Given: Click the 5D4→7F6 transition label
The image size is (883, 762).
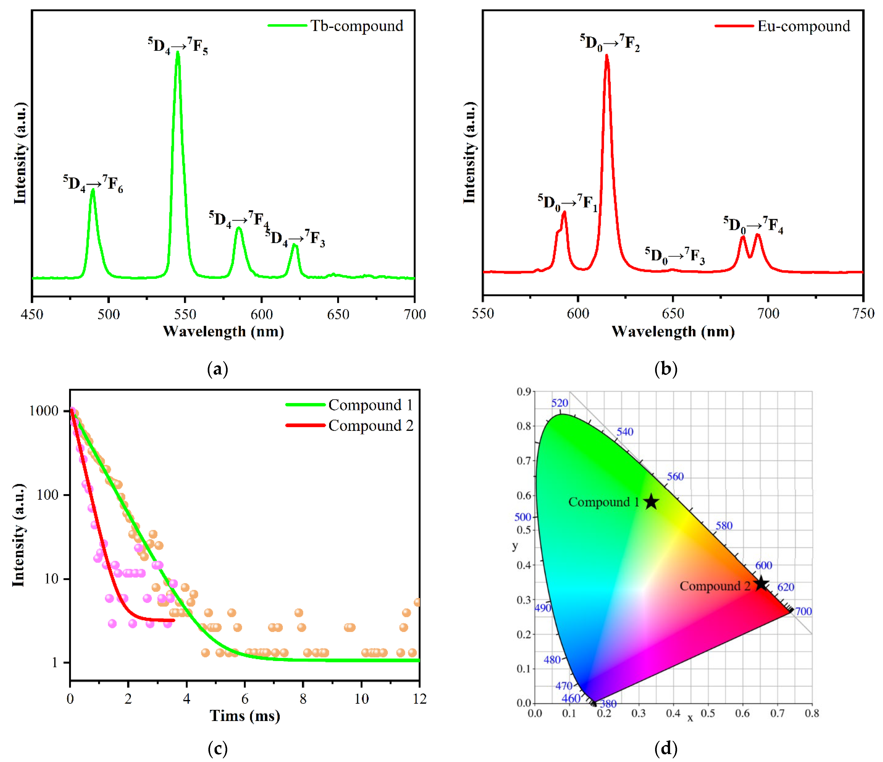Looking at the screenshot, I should click(93, 183).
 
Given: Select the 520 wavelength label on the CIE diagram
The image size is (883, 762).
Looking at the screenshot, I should click(560, 403).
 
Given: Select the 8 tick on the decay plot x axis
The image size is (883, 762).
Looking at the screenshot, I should click(303, 699).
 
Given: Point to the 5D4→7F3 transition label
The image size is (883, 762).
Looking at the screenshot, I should click(295, 238).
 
